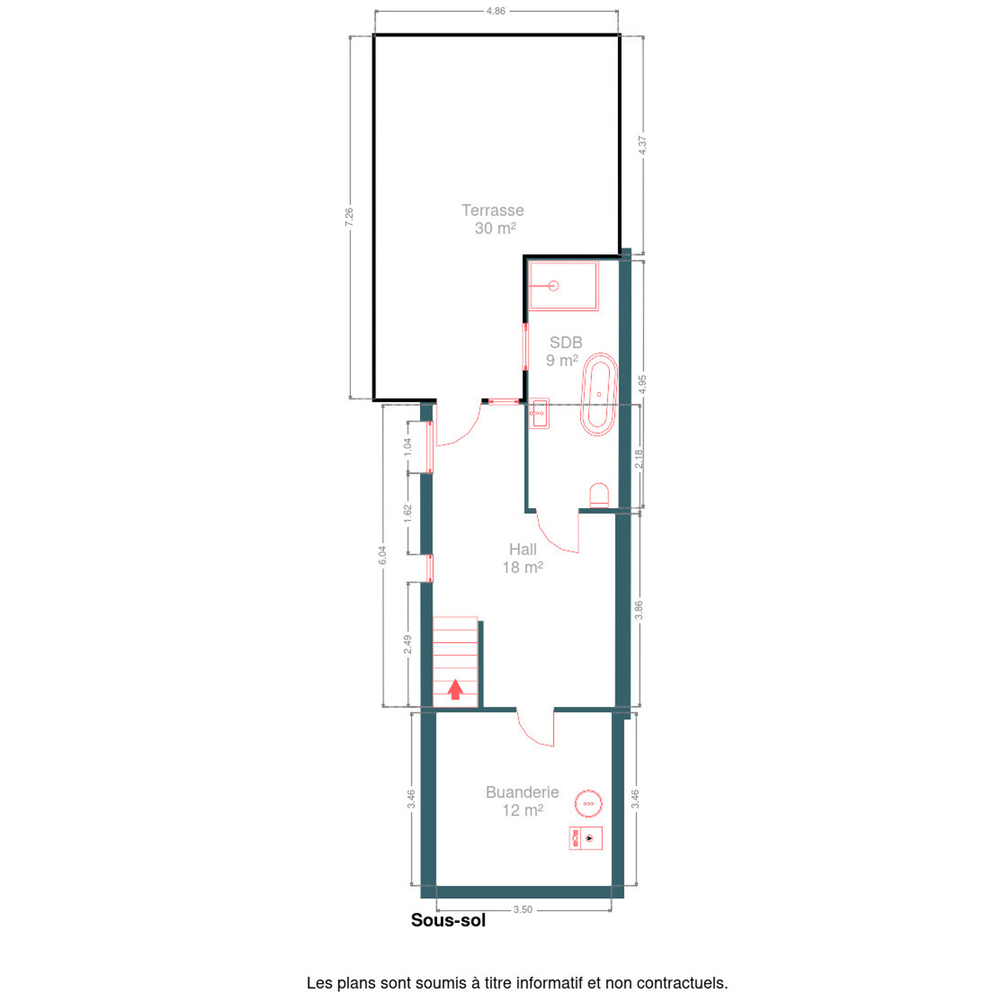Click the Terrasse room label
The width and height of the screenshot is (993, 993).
click(x=492, y=210)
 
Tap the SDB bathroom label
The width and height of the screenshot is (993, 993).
click(x=565, y=342)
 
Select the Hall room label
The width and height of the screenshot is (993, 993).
click(x=523, y=550)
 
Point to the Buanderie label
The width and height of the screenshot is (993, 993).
click(x=522, y=792)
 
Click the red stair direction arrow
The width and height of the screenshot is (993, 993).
click(x=455, y=690)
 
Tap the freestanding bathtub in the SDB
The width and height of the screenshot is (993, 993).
click(x=599, y=394)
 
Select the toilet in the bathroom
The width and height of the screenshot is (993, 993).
click(x=599, y=495)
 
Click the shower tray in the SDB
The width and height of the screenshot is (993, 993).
click(x=563, y=286)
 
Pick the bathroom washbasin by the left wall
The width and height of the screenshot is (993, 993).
click(x=539, y=413)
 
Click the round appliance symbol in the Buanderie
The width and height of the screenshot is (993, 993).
click(x=588, y=803)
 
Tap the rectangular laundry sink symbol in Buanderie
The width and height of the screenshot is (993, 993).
click(x=585, y=839)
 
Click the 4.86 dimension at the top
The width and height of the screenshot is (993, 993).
click(x=496, y=11)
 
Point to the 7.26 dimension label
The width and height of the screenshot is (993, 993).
click(x=350, y=217)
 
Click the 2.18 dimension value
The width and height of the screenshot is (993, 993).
click(x=639, y=459)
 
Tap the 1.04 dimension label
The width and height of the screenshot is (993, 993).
click(x=407, y=447)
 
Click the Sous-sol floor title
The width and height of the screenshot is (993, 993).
click(x=448, y=935)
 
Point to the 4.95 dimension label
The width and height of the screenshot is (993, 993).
click(x=642, y=384)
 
